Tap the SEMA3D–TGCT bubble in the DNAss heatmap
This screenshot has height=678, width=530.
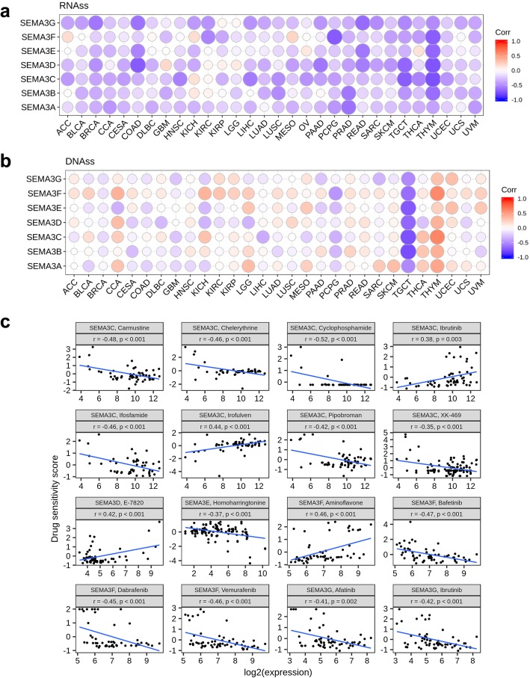coord(407,222)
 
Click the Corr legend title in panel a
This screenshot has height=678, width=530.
coord(502,34)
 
